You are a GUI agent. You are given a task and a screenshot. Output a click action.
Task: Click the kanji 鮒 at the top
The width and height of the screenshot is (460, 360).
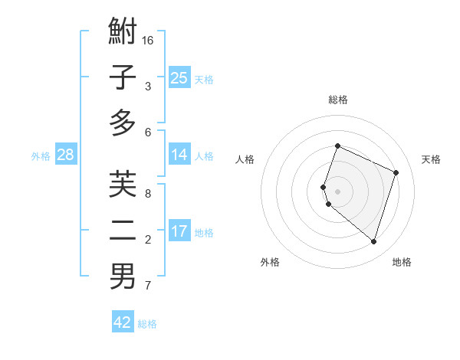(123, 33)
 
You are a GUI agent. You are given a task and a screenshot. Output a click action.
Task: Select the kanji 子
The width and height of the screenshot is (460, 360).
(123, 78)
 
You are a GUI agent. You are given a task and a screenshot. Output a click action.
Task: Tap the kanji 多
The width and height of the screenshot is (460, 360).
(123, 123)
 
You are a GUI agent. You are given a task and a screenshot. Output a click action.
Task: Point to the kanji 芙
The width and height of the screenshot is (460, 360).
(123, 185)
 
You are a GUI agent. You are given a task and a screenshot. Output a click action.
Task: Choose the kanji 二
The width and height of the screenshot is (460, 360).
(123, 231)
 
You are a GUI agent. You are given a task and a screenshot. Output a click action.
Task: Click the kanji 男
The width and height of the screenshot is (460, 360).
(123, 277)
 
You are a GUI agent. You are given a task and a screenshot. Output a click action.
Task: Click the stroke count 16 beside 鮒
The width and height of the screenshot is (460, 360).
(148, 40)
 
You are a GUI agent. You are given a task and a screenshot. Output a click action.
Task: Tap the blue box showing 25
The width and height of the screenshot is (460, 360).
(179, 78)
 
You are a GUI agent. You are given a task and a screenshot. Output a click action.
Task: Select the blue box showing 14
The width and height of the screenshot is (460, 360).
(179, 155)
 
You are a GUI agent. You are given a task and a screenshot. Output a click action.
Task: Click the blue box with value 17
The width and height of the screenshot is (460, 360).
(179, 231)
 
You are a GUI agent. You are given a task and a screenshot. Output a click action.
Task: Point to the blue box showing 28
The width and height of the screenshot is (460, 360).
(65, 155)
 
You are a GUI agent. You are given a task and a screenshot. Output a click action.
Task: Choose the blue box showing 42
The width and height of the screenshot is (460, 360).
(123, 322)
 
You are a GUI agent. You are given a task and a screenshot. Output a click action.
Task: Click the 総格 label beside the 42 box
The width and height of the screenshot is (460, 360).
(147, 324)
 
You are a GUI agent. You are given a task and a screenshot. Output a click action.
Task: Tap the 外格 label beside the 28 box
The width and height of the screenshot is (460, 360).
(41, 156)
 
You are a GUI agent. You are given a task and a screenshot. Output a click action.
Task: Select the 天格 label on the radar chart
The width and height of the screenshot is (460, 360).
(431, 159)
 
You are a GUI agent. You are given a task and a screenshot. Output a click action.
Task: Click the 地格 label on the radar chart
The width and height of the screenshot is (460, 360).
(402, 262)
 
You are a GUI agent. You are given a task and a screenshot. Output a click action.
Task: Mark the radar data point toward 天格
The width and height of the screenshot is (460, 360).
(396, 172)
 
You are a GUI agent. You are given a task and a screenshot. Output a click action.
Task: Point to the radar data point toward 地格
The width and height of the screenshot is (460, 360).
(373, 241)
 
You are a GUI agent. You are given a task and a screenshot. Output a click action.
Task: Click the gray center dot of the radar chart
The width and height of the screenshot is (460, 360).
(337, 191)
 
